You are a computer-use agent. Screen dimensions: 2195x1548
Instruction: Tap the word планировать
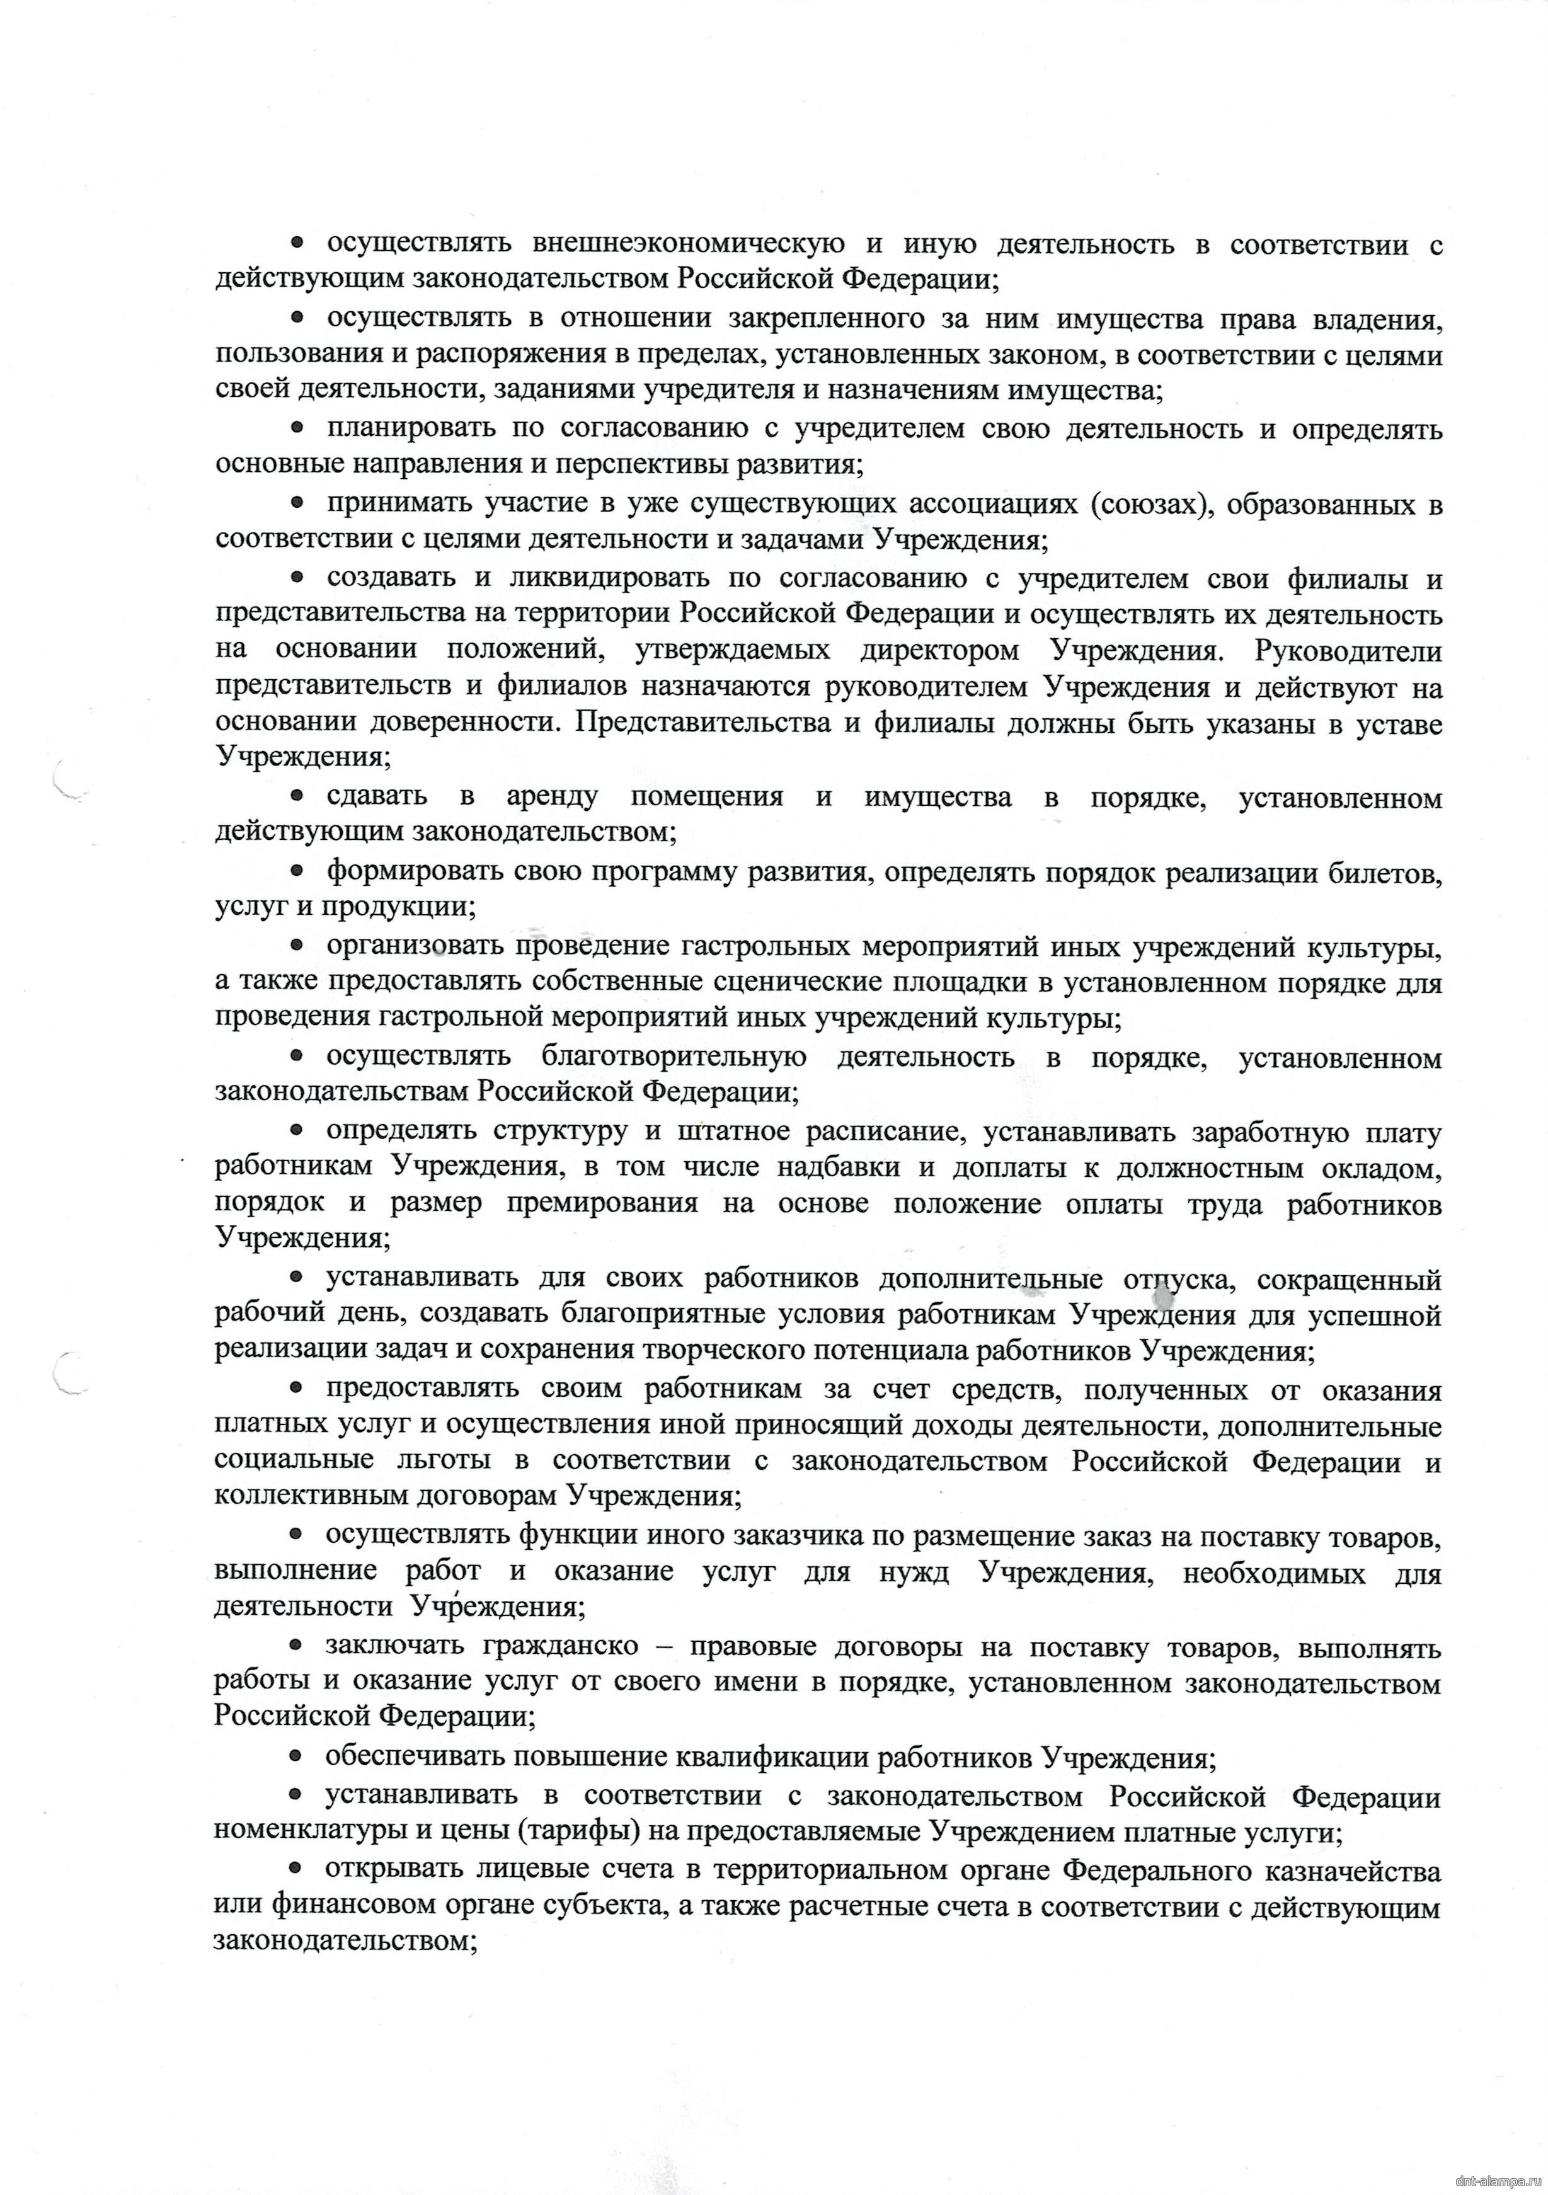coord(410,429)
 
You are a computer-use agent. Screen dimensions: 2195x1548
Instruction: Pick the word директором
coord(939,651)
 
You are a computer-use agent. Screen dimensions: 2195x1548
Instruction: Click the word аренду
coord(553,796)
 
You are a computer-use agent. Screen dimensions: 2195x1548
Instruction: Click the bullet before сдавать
coord(297,795)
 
